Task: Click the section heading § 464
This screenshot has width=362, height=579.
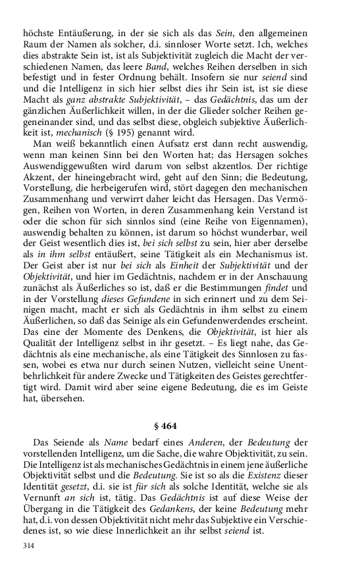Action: coord(181,426)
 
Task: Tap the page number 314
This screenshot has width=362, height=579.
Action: coord(28,546)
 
